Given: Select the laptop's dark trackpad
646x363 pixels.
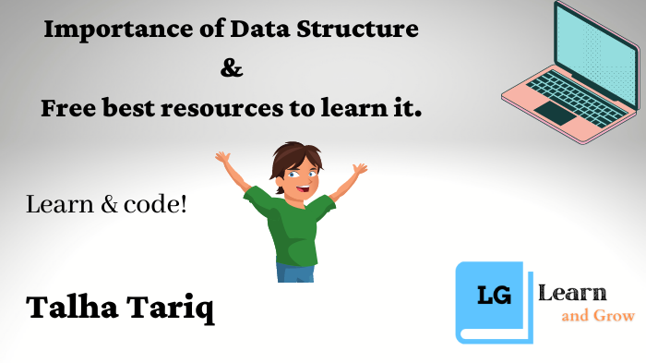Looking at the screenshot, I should pyautogui.click(x=554, y=113).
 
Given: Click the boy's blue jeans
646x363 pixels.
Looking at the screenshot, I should pyautogui.click(x=295, y=272).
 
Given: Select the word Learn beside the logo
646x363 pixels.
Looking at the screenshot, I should pyautogui.click(x=572, y=294).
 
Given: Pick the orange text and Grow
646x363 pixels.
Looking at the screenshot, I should pyautogui.click(x=598, y=317).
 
